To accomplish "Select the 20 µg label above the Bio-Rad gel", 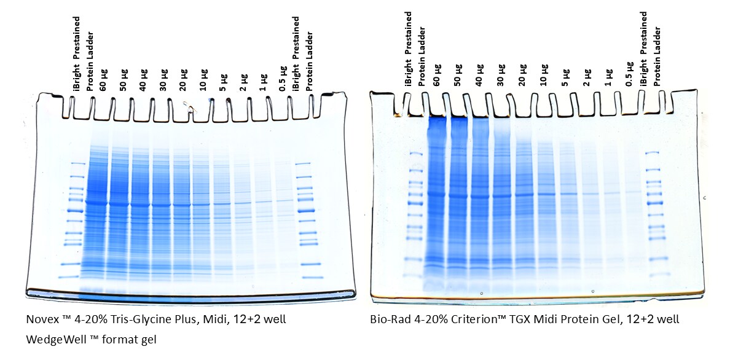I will pyautogui.click(x=522, y=74).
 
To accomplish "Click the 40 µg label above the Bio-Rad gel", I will pyautogui.click(x=479, y=74).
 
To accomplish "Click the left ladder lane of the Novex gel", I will pyautogui.click(x=76, y=221).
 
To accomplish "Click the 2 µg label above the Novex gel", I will pyautogui.click(x=243, y=80).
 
